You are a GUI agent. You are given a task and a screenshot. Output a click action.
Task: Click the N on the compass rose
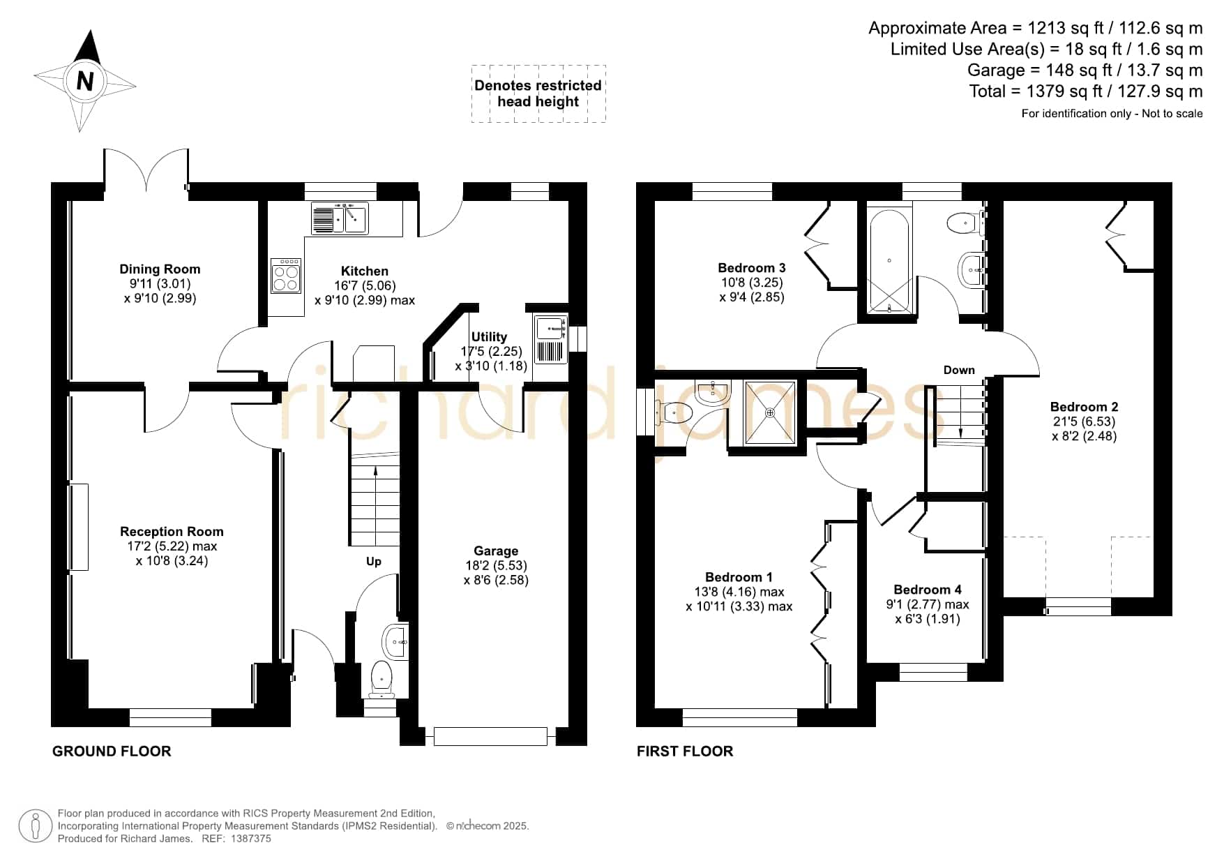click(x=84, y=82)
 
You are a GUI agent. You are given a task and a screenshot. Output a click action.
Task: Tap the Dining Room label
click(x=160, y=269)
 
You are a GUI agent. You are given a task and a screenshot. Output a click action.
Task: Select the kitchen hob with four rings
click(x=286, y=276)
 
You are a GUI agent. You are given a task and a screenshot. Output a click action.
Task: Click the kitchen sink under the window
click(x=339, y=218)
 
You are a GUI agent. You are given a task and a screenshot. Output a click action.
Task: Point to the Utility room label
click(x=489, y=336)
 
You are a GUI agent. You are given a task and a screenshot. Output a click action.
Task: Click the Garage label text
click(x=496, y=551)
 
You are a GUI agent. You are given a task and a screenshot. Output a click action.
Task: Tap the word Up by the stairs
click(x=374, y=562)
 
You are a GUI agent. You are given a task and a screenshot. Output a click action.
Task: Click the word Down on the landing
click(x=959, y=370)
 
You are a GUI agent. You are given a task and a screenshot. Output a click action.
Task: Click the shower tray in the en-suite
click(x=770, y=412)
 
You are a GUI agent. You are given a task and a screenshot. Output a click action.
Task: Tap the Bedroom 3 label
click(x=752, y=268)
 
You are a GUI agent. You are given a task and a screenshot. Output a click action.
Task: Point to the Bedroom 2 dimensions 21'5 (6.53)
click(x=1084, y=421)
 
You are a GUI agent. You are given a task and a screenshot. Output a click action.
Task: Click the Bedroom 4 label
click(x=928, y=590)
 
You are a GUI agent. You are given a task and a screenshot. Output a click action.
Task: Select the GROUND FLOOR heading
click(x=112, y=751)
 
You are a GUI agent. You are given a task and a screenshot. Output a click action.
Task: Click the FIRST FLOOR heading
click(x=685, y=751)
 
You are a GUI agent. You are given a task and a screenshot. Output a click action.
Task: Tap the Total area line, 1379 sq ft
click(x=1086, y=91)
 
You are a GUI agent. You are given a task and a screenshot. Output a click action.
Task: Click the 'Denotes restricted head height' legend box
click(x=538, y=94)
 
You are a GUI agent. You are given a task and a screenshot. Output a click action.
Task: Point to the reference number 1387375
click(x=245, y=839)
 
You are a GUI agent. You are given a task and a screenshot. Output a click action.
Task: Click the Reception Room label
click(x=172, y=532)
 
